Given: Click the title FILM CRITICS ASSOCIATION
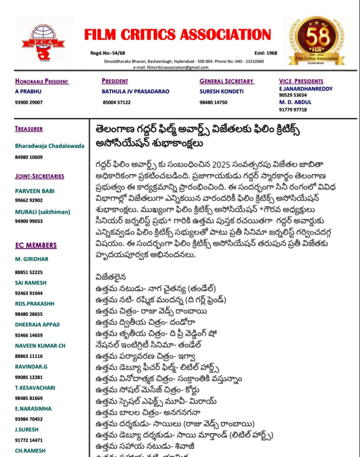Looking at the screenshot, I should [x=178, y=34].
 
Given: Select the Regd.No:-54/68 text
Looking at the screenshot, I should [x=108, y=53].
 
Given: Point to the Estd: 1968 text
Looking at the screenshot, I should [x=266, y=53].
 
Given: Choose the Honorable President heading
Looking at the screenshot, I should [x=41, y=81].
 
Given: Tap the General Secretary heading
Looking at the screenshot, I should [x=226, y=81].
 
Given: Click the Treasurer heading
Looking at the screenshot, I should [x=29, y=129].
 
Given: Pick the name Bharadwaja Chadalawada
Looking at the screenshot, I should [x=50, y=146].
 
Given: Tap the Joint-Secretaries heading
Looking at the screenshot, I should [x=39, y=176].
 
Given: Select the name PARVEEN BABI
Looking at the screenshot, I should [x=35, y=191].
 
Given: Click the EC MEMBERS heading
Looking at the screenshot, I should [x=36, y=246].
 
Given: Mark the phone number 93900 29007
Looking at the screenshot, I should [x=29, y=102].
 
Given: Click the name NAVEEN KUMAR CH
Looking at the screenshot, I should [x=40, y=345].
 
